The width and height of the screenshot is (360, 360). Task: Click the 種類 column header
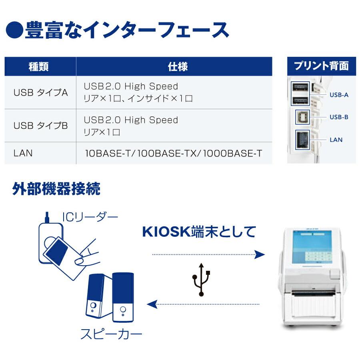39,67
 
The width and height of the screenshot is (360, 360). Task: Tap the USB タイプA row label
41,93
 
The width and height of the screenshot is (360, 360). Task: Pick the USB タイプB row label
41,126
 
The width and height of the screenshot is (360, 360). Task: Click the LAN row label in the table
23,153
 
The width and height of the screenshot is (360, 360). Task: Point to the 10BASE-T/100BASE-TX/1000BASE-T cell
174,153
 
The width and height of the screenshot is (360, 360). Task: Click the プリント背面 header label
321,66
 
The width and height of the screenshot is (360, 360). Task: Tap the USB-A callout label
339,95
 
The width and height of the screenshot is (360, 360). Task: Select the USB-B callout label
339,117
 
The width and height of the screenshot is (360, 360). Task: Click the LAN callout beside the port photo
336,140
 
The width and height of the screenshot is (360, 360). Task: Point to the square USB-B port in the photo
302,117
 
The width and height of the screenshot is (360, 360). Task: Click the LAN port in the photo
302,140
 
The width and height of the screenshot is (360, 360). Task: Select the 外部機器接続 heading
56,189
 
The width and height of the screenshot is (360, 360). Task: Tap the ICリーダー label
90,217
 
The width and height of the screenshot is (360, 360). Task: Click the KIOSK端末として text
199,232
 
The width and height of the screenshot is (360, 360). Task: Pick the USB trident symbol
201,279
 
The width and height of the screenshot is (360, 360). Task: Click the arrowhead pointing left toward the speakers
152,305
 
